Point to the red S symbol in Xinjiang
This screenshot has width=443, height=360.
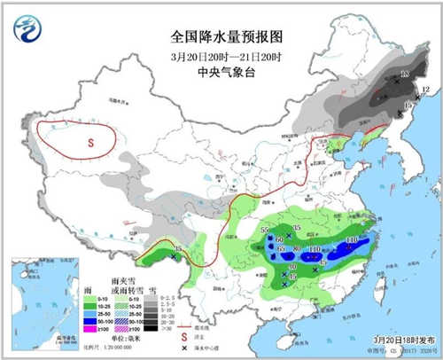[89, 141]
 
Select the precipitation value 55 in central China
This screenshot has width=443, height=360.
[265, 231]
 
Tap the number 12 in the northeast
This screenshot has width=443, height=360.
[425, 90]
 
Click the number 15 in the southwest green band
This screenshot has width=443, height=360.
[178, 249]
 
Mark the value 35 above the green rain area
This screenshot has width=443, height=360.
[297, 229]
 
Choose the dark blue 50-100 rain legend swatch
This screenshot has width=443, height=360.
[89, 319]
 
